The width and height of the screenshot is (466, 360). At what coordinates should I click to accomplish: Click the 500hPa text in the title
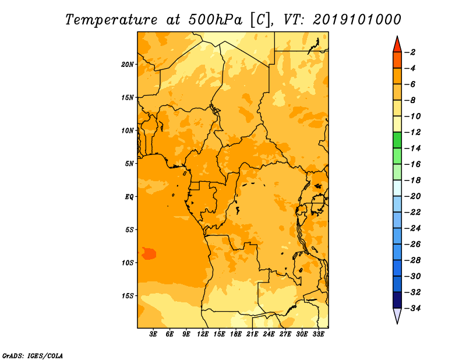(x=215, y=20)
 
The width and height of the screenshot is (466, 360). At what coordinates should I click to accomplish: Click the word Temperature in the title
(x=111, y=20)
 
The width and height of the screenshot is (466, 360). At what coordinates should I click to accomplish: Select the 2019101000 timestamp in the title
(x=357, y=20)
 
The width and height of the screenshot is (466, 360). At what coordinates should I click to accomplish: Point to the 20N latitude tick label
(x=128, y=65)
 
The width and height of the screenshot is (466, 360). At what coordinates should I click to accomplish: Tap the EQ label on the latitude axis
(x=129, y=197)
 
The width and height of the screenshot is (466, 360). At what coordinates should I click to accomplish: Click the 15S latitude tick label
(x=128, y=296)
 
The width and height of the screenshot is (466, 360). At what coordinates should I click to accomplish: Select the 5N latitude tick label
(x=129, y=164)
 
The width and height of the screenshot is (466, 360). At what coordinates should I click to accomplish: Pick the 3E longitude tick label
(x=153, y=334)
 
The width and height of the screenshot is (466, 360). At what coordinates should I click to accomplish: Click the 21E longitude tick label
(x=252, y=334)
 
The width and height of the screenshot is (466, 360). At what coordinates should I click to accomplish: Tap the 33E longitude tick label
(x=318, y=334)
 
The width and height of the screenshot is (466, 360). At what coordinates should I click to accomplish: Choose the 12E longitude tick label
(x=203, y=334)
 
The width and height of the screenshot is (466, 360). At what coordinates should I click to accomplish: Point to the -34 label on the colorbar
(x=412, y=308)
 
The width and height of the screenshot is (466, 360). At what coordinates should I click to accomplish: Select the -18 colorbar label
(x=412, y=180)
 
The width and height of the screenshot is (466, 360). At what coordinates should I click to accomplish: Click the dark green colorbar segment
(x=397, y=140)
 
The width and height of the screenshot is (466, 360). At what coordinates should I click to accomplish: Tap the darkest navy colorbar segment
(x=397, y=300)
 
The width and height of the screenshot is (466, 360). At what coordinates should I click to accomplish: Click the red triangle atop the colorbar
(x=397, y=45)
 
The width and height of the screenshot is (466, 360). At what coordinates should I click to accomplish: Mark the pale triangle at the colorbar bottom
(x=397, y=316)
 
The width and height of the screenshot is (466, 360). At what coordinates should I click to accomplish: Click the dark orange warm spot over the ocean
(x=149, y=253)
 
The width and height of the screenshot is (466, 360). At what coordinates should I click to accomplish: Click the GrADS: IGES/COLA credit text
(x=33, y=355)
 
